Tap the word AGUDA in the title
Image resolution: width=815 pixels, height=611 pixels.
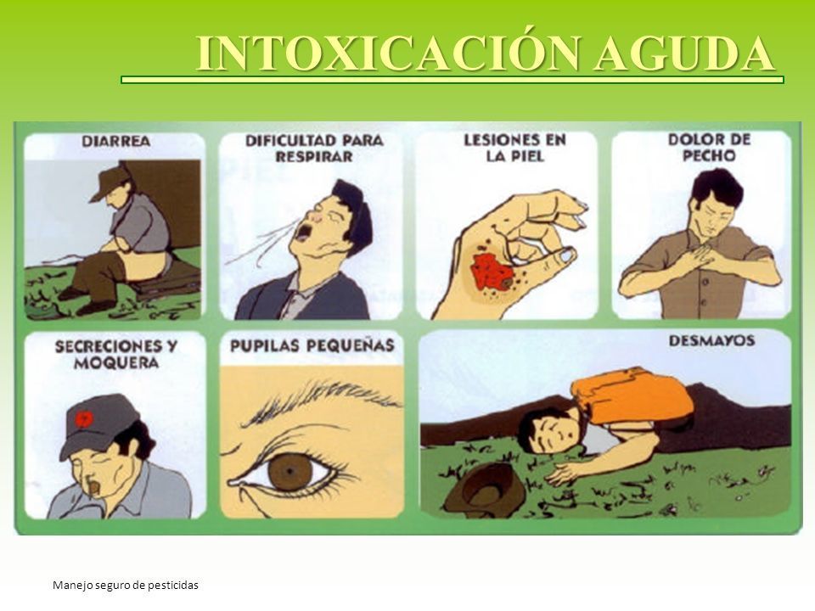coord(684,54)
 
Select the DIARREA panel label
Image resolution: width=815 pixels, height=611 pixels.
coord(116,141)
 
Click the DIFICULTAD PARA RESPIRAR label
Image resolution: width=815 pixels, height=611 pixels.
coord(314,149)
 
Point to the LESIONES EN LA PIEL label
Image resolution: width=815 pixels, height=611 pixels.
coord(514,148)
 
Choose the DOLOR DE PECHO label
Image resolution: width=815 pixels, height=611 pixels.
coord(709,148)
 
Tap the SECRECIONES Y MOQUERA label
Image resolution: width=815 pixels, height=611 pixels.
coord(116,355)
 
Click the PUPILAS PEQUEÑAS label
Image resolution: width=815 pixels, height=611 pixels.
coord(312,345)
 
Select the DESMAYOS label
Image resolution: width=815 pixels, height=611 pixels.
coord(711,341)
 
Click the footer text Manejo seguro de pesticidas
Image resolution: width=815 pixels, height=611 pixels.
coord(126,585)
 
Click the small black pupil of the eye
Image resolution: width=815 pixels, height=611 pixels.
coord(289,471)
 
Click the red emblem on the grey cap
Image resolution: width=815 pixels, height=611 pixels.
coord(83,418)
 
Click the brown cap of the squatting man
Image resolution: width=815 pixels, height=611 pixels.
coord(111,181)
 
